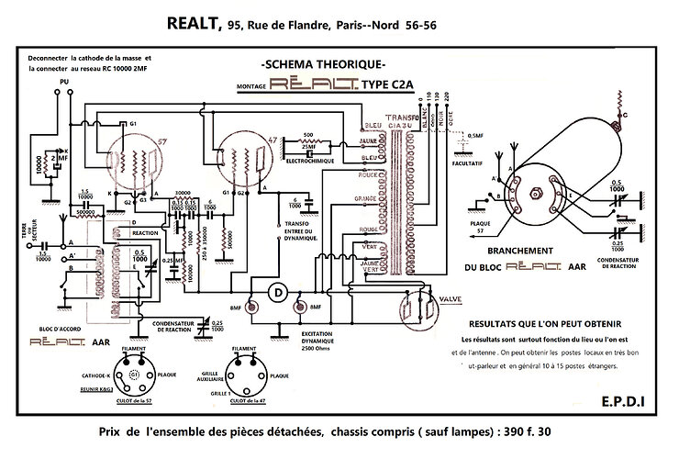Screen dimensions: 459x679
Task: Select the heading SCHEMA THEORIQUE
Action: [322, 65]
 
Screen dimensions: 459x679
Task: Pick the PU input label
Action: [63, 83]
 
